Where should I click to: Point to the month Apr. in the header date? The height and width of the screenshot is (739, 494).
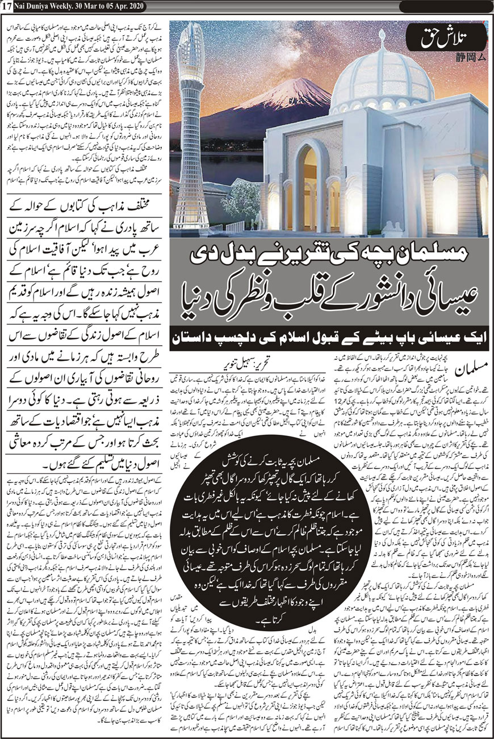tap(119, 6)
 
